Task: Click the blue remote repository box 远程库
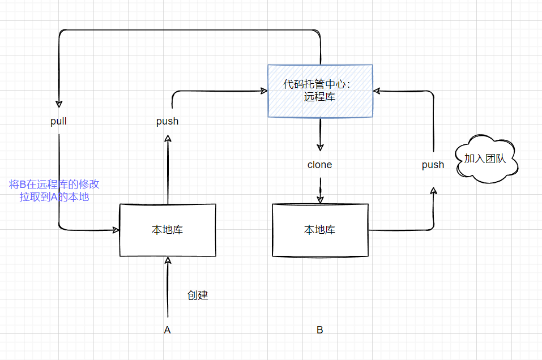(320, 91)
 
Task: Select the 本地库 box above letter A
(168, 230)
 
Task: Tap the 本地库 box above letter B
(320, 230)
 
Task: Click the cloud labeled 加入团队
(486, 159)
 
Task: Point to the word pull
(58, 121)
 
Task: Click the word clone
(320, 165)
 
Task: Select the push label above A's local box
(168, 121)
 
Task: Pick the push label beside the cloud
(433, 165)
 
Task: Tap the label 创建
(198, 295)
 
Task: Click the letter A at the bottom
(167, 330)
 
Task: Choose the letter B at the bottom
(320, 330)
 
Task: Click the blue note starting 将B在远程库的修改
(54, 191)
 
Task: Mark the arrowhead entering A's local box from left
(116, 230)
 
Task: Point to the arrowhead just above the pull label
(59, 104)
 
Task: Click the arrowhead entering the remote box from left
(264, 90)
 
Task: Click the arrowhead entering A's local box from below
(168, 260)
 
